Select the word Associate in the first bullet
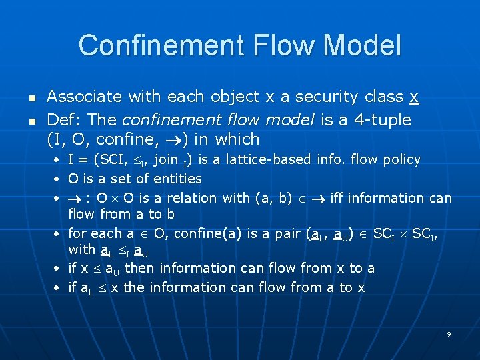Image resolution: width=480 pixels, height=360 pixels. tap(85, 97)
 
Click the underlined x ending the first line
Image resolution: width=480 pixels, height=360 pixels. tap(414, 97)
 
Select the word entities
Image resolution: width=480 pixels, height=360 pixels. tap(177, 179)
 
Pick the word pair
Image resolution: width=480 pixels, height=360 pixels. tap(285, 234)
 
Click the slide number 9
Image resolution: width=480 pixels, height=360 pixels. tap(449, 333)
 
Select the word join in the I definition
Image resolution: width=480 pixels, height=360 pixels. tap(166, 159)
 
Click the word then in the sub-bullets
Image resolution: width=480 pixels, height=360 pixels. tap(139, 268)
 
